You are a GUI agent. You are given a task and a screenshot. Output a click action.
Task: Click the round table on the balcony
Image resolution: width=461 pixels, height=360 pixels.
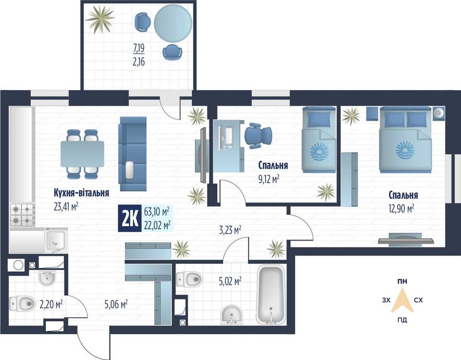pyautogui.click(x=173, y=24)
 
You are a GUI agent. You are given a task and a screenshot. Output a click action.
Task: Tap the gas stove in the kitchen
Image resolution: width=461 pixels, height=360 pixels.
pyautogui.click(x=22, y=215)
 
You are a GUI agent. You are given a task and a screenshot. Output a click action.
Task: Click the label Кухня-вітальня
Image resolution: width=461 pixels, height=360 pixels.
pyautogui.click(x=81, y=193)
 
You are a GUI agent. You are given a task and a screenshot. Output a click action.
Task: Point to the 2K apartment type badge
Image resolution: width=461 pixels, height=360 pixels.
pyautogui.click(x=130, y=219)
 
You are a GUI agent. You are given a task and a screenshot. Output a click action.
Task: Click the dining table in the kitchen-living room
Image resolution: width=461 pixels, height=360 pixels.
pyautogui.click(x=82, y=154)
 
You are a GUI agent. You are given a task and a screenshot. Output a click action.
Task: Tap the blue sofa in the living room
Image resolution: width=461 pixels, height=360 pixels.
pyautogui.click(x=132, y=154)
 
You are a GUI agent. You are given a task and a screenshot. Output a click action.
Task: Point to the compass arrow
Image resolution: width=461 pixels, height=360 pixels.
pyautogui.click(x=402, y=301)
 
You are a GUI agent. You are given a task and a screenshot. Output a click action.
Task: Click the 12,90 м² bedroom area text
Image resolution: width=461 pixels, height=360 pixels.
pyautogui.click(x=401, y=209)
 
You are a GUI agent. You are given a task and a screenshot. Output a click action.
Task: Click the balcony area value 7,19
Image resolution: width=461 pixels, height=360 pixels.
pyautogui.click(x=139, y=48)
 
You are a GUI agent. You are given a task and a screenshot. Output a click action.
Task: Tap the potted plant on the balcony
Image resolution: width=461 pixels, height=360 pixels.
pyautogui.click(x=100, y=19)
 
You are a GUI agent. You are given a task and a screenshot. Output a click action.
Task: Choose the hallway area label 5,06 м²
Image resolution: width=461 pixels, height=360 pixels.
pyautogui.click(x=116, y=304)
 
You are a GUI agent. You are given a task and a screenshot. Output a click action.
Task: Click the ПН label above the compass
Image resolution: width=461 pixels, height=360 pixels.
pyautogui.click(x=402, y=281)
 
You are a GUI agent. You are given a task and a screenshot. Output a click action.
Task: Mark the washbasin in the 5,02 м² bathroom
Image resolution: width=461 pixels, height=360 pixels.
pyautogui.click(x=232, y=315)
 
